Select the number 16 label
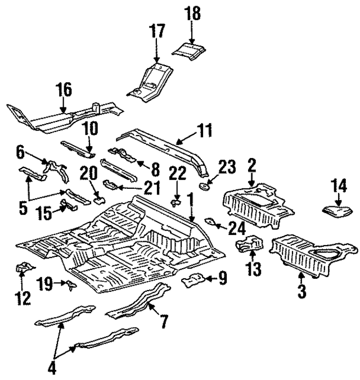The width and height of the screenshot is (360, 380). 64,90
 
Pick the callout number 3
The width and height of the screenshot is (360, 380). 302,292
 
